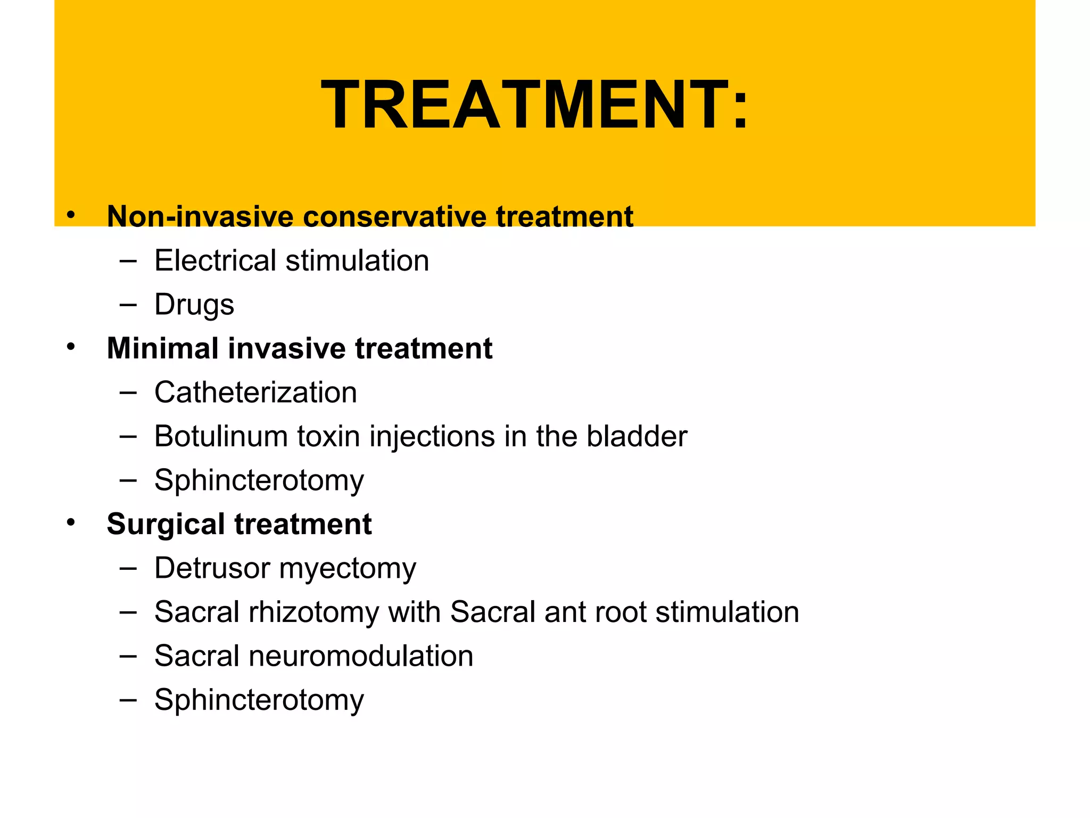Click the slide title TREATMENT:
click(x=534, y=104)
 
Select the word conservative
click(x=394, y=217)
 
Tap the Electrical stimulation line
click(x=291, y=261)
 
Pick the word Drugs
click(x=194, y=305)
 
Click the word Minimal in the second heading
click(x=162, y=348)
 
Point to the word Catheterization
click(x=255, y=392)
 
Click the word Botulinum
click(x=221, y=436)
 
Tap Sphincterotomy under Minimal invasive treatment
click(x=259, y=481)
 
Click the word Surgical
click(x=166, y=524)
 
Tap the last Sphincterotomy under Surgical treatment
click(x=259, y=700)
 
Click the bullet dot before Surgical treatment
click(x=71, y=523)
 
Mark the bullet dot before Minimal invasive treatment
click(x=71, y=347)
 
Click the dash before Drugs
click(x=128, y=305)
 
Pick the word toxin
click(x=328, y=436)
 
